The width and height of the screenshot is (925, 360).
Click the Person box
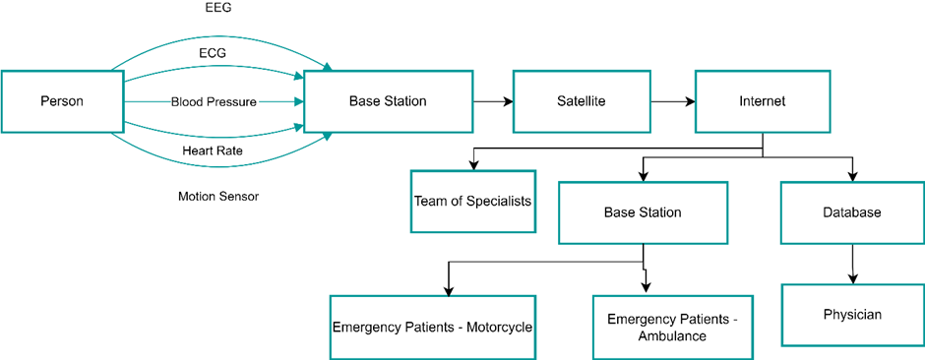[x=62, y=101]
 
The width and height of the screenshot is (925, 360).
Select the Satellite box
[x=581, y=101]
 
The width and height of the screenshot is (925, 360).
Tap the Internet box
[x=763, y=101]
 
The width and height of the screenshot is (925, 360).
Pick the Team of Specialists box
[x=473, y=202]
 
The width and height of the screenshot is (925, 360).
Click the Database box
[x=852, y=212]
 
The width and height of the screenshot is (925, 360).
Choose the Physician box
[x=852, y=315]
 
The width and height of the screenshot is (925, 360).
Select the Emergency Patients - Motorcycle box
[x=432, y=327]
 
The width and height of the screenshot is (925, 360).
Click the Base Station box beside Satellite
[x=388, y=101]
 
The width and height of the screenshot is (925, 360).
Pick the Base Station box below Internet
[x=643, y=212]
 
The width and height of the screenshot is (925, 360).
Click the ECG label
[x=213, y=54]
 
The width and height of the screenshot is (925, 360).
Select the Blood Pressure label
[x=215, y=102]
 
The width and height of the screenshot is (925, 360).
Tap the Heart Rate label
[x=213, y=150]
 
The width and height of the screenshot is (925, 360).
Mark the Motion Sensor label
[x=218, y=196]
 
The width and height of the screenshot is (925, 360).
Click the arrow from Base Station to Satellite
[x=493, y=102]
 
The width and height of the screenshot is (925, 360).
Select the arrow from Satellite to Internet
[x=672, y=102]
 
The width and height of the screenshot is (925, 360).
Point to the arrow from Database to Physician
[x=852, y=264]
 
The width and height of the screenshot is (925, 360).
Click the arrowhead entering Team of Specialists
[x=472, y=165]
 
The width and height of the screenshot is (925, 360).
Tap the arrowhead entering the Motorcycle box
[x=449, y=290]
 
